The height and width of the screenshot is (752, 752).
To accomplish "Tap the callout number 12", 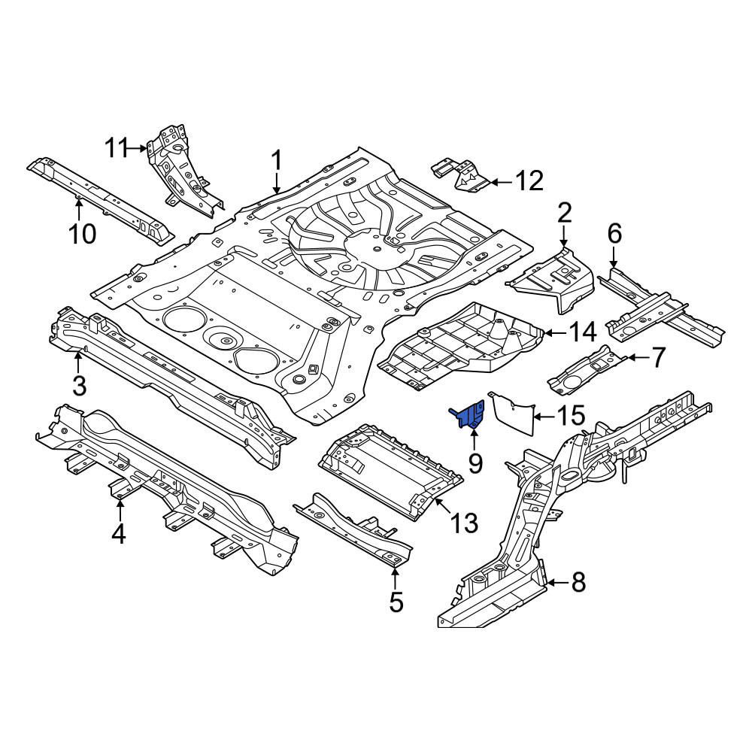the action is [529, 180].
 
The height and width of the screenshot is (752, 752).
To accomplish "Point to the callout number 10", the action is [82, 234].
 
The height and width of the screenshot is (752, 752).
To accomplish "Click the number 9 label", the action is [475, 462].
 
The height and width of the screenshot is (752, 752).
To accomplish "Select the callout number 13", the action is [464, 523].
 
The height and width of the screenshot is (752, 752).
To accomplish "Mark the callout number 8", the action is [578, 583].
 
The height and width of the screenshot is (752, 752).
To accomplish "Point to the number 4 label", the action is [119, 534].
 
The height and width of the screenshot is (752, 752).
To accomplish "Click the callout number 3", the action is [79, 385].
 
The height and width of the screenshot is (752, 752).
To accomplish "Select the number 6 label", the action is [614, 234].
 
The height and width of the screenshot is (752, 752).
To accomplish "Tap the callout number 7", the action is [659, 357].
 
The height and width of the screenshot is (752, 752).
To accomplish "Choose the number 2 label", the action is [565, 213].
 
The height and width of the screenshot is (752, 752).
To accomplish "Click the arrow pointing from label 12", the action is [501, 182].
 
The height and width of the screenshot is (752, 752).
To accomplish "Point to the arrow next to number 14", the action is [553, 332].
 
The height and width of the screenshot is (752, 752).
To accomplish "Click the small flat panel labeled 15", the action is [512, 413].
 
